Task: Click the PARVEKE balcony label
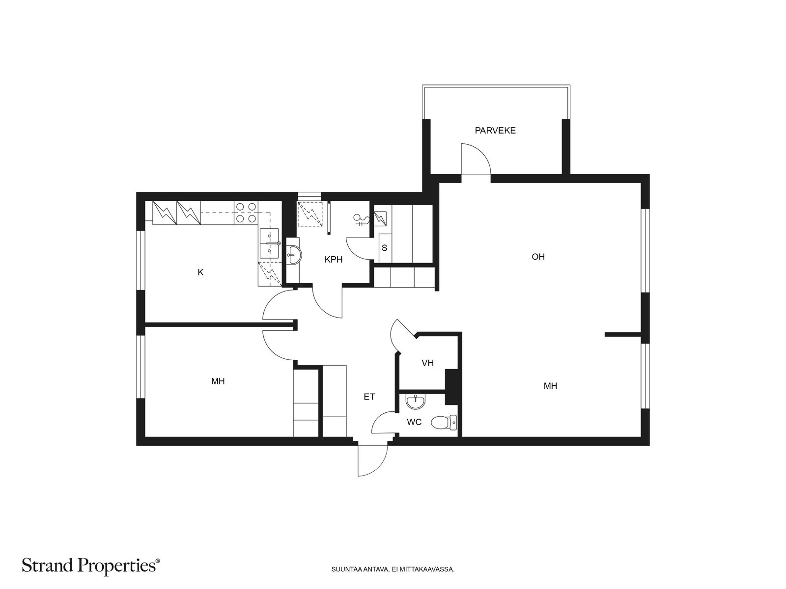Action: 495,131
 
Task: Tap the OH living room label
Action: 538,257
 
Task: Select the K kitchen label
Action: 200,272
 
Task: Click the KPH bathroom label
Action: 333,260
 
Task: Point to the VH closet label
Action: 427,363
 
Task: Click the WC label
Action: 414,422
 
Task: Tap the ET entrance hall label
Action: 369,397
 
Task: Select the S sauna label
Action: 384,248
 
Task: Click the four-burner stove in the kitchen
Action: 246,213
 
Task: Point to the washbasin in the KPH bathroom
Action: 293,255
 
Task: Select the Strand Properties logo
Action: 91,566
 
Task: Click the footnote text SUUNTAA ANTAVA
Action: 391,570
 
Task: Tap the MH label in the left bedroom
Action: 218,381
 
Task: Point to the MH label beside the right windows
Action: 550,386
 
